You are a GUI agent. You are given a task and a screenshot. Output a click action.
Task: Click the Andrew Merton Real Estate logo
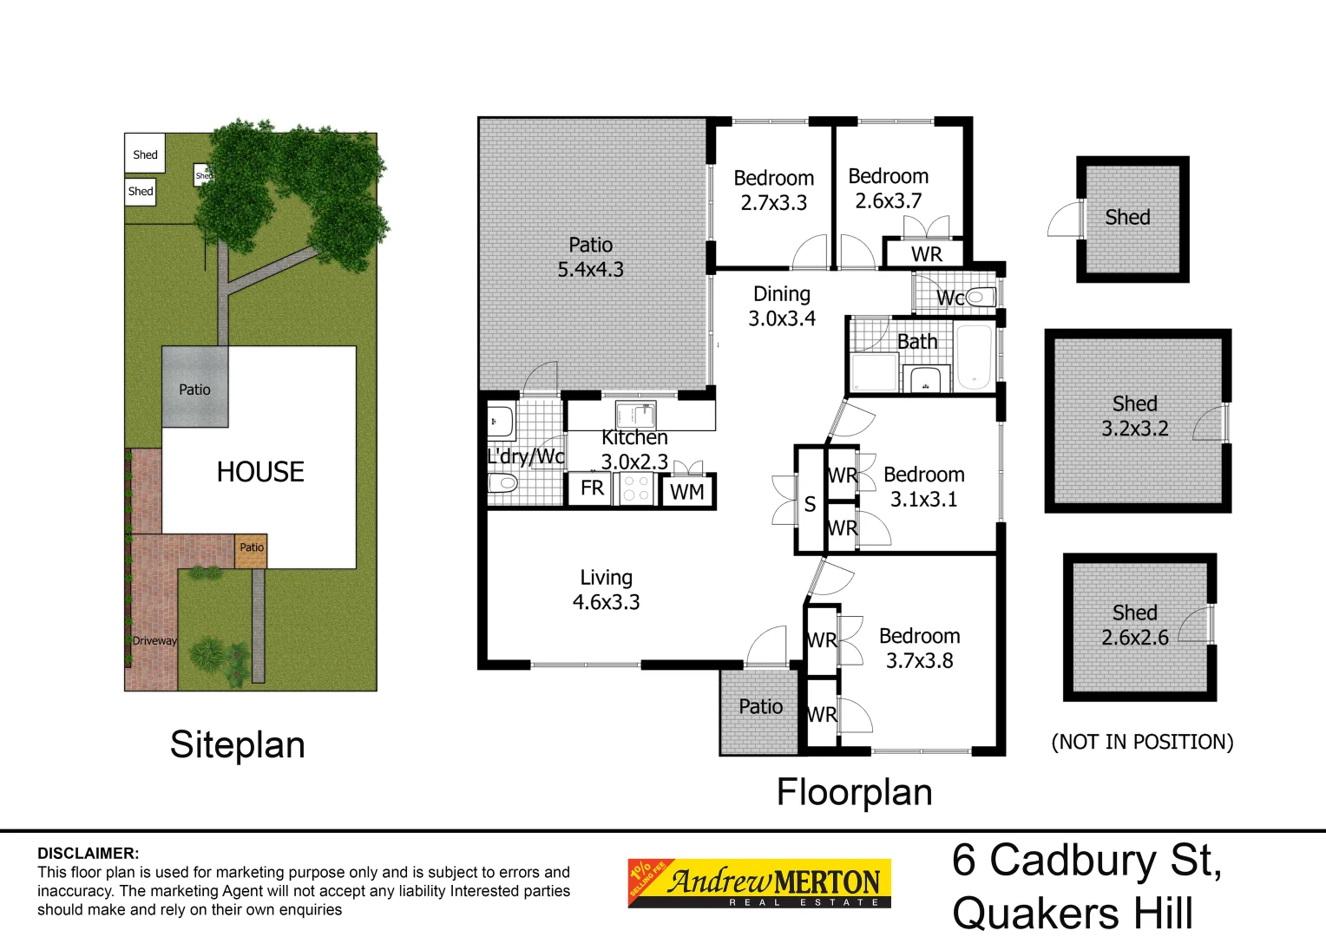[759, 883]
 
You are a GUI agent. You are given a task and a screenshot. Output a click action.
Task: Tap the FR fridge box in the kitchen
[592, 488]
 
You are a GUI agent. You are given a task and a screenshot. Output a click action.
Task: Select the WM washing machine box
[686, 493]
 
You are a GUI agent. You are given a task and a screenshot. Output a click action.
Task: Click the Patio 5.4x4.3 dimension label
[590, 258]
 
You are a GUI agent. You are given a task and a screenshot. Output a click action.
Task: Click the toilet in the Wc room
[981, 298]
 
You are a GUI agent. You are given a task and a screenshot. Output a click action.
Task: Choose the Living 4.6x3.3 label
[606, 590]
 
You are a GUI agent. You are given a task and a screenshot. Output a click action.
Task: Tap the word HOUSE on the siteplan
[260, 472]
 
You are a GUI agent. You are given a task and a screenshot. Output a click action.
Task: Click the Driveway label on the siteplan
[154, 641]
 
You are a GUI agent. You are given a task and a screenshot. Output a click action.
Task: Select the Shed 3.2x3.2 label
[1134, 416]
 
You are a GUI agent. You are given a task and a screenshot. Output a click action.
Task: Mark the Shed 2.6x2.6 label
[1134, 626]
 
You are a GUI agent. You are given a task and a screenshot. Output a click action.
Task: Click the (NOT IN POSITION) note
[1142, 743]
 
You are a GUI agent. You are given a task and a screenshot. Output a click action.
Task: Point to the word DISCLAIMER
[88, 854]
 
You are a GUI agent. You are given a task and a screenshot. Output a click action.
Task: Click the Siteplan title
[237, 745]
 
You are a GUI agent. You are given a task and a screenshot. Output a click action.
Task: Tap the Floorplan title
[854, 792]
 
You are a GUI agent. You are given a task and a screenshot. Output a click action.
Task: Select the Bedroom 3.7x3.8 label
[919, 649]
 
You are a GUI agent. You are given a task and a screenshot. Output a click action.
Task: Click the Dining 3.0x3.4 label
[782, 306]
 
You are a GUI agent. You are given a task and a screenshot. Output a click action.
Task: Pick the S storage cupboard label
[810, 505]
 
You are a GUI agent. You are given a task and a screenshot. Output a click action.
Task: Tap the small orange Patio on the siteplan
[251, 548]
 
